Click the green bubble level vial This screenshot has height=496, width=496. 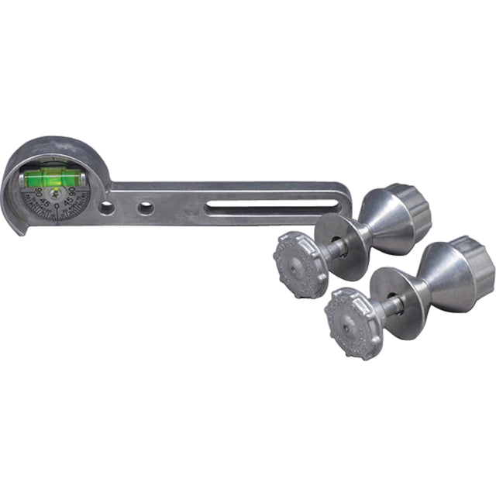46,179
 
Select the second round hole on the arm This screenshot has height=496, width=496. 145,208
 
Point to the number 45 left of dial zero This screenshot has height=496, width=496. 46,203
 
